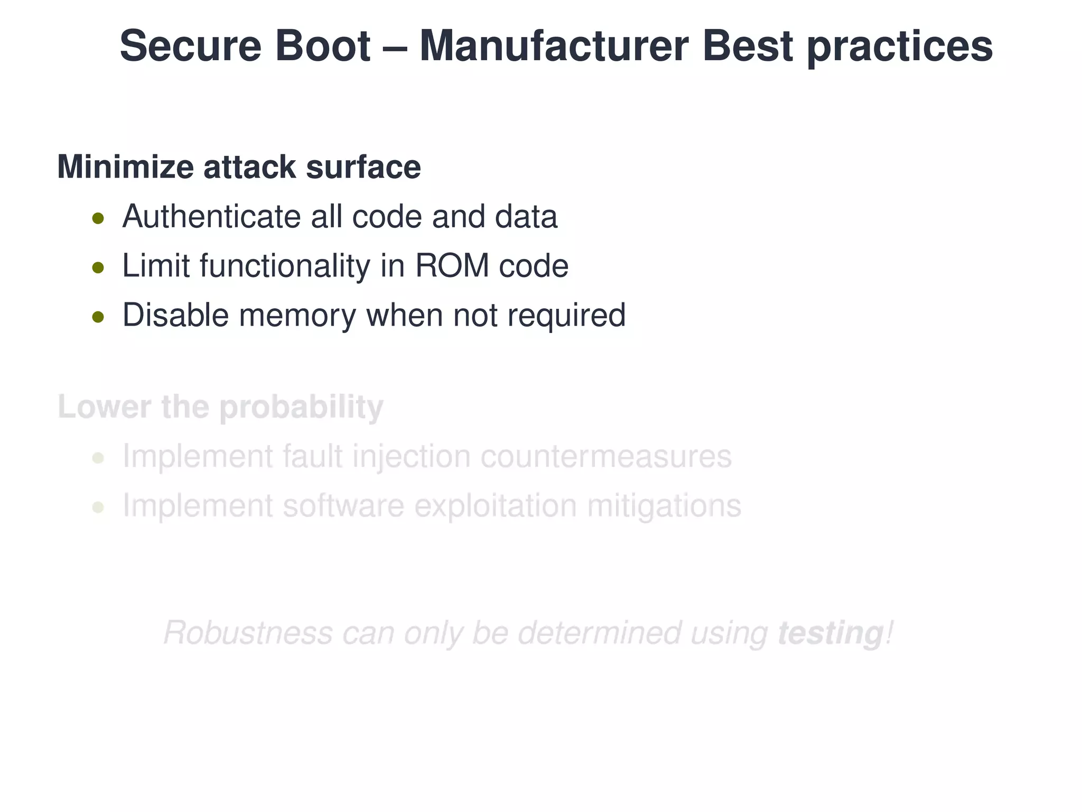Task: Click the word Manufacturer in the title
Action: point(554,47)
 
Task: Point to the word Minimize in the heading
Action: point(125,167)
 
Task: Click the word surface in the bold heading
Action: point(363,167)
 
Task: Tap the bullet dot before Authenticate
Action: point(98,218)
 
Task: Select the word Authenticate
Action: point(211,217)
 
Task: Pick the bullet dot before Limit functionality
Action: point(98,267)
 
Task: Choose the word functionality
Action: point(285,265)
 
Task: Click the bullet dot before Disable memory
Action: point(98,317)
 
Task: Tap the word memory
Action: point(297,316)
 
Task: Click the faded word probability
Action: point(301,408)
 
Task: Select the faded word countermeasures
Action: point(606,456)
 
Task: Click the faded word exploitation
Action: point(496,506)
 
